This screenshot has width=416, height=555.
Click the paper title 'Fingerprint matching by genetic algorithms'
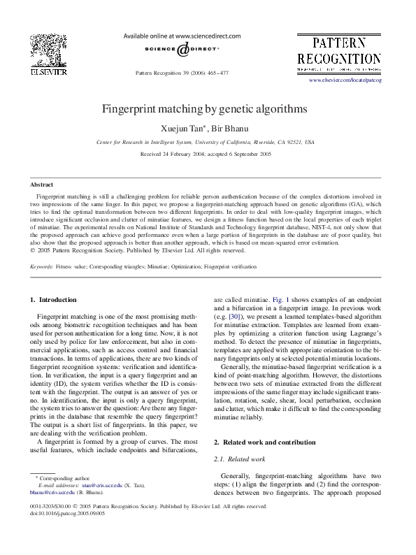(x=205, y=110)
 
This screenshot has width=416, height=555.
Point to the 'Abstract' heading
(x=41, y=184)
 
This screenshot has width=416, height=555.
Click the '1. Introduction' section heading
(x=53, y=300)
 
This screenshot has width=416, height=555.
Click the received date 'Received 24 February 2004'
(x=172, y=153)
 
